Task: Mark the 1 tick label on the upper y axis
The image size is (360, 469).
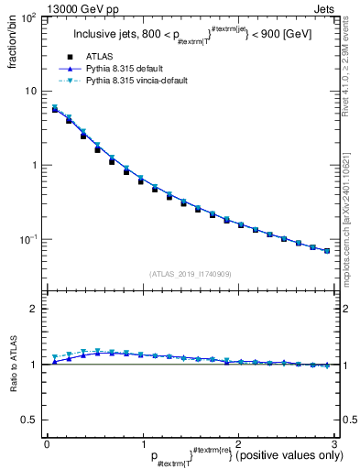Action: [33, 165]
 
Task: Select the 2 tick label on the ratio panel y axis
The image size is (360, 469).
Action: [33, 309]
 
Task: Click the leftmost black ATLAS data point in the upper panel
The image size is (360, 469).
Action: [55, 109]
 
